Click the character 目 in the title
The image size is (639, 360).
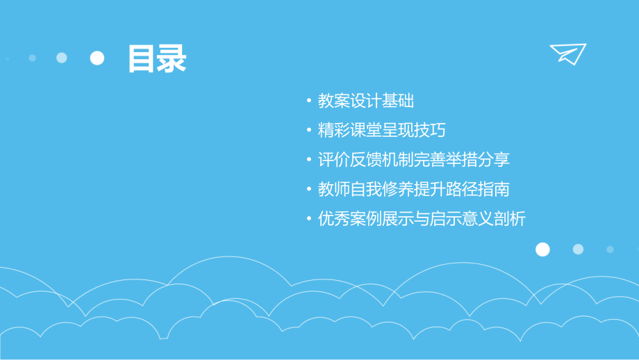click(x=142, y=59)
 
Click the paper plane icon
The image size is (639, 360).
click(x=567, y=54)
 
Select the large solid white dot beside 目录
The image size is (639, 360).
click(x=97, y=58)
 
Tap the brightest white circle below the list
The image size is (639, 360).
click(x=542, y=249)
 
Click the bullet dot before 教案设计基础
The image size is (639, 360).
click(x=309, y=101)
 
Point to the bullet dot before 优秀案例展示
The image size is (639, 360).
click(x=309, y=220)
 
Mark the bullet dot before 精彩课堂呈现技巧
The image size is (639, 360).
click(x=309, y=131)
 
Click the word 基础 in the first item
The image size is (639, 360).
click(x=398, y=101)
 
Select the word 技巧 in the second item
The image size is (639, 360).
click(x=430, y=131)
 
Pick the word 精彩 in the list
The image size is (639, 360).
click(x=334, y=131)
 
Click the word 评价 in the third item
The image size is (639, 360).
click(x=334, y=160)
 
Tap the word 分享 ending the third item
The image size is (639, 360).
click(x=494, y=160)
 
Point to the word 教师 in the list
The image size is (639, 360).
click(x=334, y=189)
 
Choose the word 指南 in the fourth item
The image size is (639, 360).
click(x=494, y=189)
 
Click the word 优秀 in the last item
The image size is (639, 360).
click(x=334, y=220)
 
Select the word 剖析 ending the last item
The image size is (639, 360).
click(x=510, y=220)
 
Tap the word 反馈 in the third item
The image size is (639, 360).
click(x=366, y=160)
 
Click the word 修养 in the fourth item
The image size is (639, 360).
click(x=398, y=189)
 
